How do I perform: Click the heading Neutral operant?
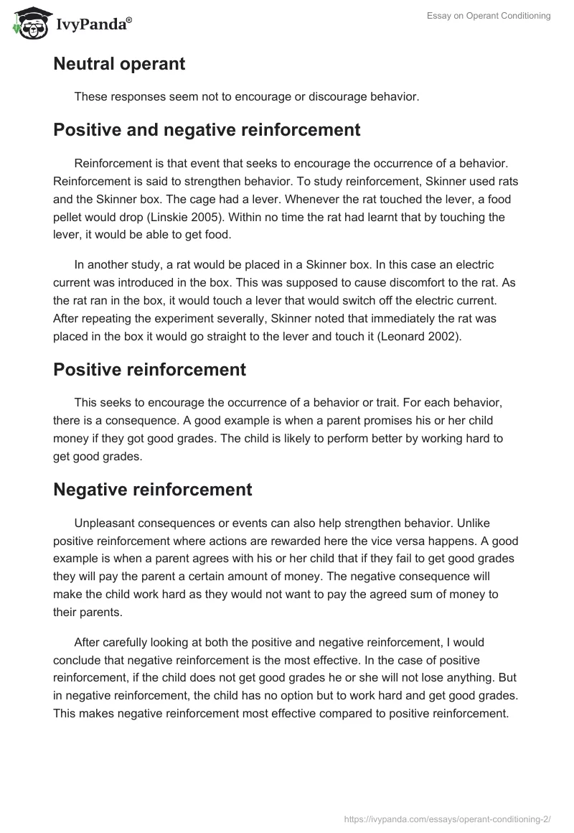coord(119,63)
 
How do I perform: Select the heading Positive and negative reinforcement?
coord(207,130)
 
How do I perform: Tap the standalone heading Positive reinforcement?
coord(149,370)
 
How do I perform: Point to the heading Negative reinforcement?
coord(153,490)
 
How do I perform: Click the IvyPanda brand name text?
coord(94,25)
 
